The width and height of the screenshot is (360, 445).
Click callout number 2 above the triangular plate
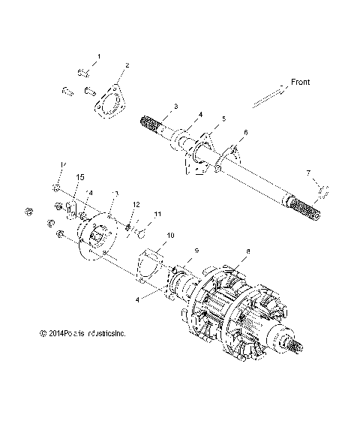coord(127,66)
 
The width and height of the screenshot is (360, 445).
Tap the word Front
coord(300,82)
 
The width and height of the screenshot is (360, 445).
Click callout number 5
coord(223,119)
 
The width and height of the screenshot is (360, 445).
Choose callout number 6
coord(244,133)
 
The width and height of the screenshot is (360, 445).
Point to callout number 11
coord(157,215)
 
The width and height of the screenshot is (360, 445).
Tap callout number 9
coord(196,249)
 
